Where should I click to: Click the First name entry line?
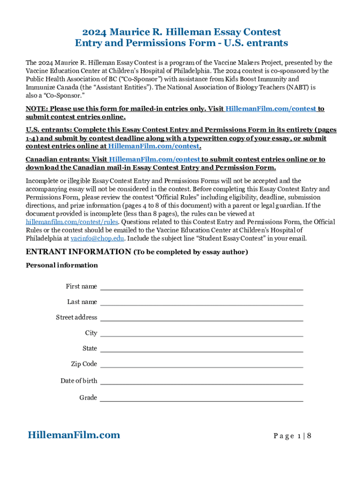tap(201, 287)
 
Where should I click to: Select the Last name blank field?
tap(201, 303)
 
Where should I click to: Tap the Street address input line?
tap(201, 318)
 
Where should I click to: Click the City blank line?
tap(201, 334)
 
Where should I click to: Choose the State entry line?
tap(201, 349)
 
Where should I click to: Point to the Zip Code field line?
tap(201, 365)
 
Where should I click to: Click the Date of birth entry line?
tap(201, 382)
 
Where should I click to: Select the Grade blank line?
tap(201, 399)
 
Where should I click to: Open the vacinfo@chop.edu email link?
tap(97, 238)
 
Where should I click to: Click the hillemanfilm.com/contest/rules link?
tap(72, 222)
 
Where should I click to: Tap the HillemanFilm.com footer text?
tap(74, 435)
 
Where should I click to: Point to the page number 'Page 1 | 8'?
tap(292, 436)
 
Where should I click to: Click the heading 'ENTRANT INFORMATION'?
tap(78, 252)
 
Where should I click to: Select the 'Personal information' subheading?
tap(62, 265)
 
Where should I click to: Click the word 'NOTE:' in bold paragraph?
tap(36, 109)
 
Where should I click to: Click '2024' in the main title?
tap(94, 32)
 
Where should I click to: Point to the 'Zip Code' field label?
tap(84, 364)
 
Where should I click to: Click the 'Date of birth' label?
tap(79, 381)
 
